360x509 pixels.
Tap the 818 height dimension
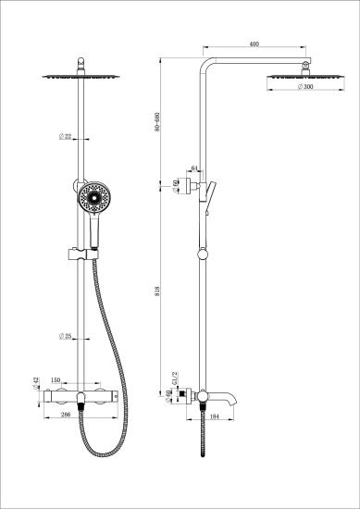click(159, 289)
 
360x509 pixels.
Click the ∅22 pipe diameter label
click(67, 137)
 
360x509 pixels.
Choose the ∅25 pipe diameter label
click(67, 335)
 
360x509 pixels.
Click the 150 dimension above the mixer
click(56, 380)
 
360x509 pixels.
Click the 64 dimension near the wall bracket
click(193, 168)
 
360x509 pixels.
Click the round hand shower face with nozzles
click(93, 198)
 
